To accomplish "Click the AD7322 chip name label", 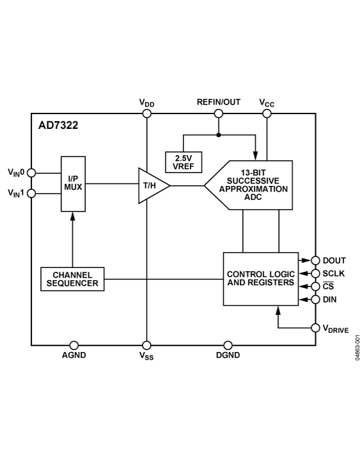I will point(58,125).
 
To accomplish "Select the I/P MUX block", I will point(73,183).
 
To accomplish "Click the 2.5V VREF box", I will point(184,162).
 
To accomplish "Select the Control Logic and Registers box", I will point(261,279).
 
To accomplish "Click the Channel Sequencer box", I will point(73,279).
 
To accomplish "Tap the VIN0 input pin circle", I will point(31,172).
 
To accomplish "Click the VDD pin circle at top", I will point(147,114).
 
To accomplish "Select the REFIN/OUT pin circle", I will point(218,114).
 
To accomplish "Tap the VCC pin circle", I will point(267,114).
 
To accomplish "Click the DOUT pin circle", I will point(315,260).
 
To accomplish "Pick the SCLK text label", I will point(335,273).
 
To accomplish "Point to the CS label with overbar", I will point(329,286).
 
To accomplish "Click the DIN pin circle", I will point(315,299).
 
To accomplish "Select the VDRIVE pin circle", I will point(315,328).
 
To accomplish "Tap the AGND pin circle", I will point(74,345).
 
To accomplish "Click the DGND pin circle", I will point(227,345).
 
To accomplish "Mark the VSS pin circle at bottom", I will point(147,345).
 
